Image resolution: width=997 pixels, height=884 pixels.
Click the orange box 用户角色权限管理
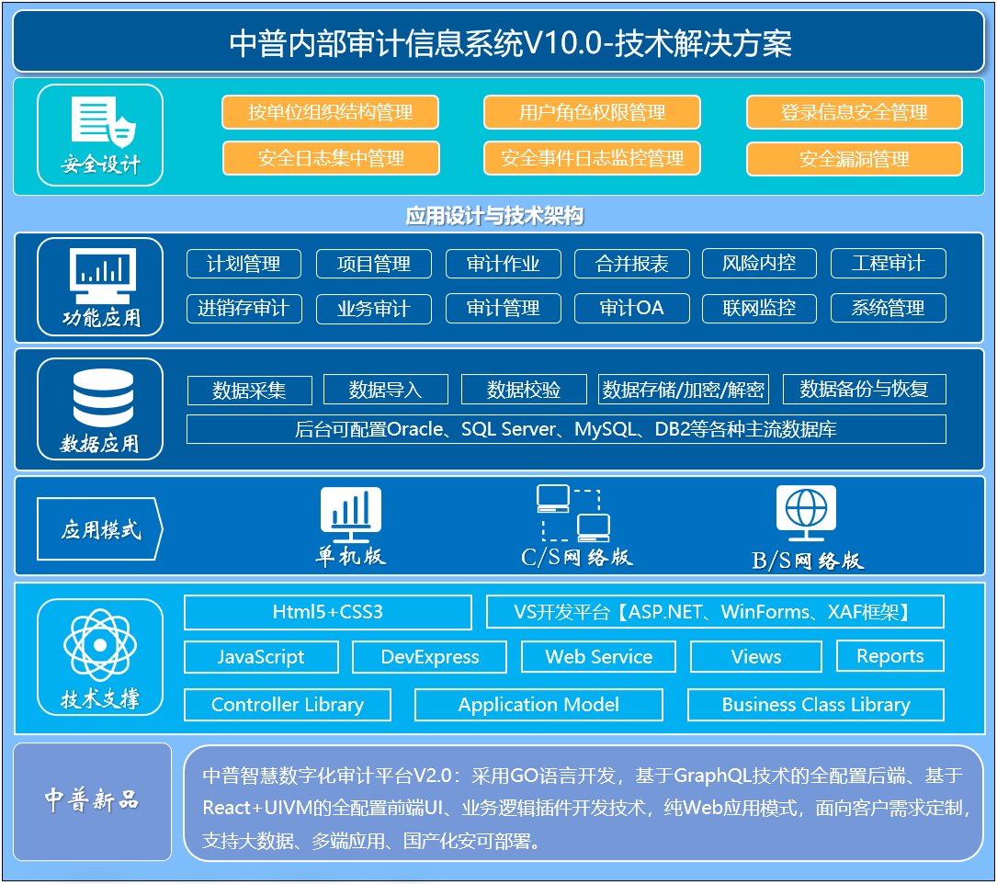(x=592, y=112)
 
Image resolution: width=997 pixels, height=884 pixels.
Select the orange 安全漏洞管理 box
(x=854, y=159)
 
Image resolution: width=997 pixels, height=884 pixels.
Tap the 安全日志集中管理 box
(x=331, y=158)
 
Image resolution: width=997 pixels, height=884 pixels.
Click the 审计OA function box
(x=632, y=309)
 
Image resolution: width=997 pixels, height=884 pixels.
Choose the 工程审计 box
(x=889, y=264)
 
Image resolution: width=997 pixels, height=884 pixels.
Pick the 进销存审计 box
(x=244, y=309)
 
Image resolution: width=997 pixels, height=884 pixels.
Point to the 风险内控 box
(x=759, y=264)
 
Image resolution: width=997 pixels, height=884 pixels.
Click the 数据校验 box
(x=524, y=390)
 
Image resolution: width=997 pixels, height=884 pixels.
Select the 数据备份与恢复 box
(x=864, y=390)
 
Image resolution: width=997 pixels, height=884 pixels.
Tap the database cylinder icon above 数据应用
(x=104, y=398)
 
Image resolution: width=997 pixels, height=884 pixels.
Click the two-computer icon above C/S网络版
(x=572, y=514)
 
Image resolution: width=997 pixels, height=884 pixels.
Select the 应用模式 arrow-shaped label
(x=100, y=529)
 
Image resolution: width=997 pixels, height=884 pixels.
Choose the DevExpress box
(x=430, y=657)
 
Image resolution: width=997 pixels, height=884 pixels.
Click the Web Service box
(x=598, y=657)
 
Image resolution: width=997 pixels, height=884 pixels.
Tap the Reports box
(x=890, y=656)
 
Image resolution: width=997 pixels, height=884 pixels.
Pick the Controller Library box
(x=288, y=705)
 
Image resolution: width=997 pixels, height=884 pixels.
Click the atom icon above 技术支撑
(x=100, y=645)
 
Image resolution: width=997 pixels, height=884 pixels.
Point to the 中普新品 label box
(x=92, y=801)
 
